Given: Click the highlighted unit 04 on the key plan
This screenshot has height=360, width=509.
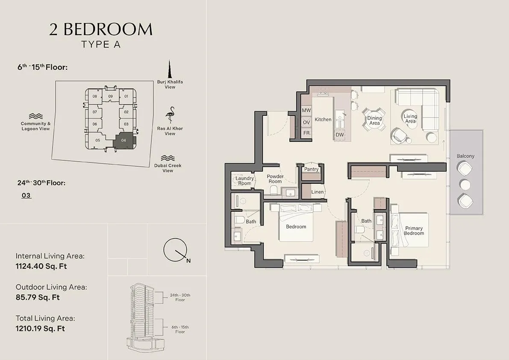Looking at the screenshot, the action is tap(124, 140).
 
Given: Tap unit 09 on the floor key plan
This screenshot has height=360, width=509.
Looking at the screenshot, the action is tap(110, 96).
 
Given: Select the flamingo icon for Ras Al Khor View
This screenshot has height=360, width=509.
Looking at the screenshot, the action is tap(170, 115).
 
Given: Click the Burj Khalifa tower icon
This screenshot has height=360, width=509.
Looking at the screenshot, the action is tap(169, 69).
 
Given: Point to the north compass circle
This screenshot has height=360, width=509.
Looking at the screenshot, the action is tap(175, 250).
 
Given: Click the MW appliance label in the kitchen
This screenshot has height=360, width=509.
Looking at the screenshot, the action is tap(306, 110).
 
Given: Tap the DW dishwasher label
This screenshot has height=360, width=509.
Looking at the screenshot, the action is tap(340, 135).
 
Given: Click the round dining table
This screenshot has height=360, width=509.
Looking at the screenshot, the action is tap(374, 120).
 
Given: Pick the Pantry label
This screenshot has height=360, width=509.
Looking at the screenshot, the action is tap(311, 169).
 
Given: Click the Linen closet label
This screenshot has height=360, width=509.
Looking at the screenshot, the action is tap(317, 192).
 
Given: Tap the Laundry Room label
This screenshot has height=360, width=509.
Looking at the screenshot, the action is tap(245, 181).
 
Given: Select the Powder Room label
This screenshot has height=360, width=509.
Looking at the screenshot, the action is tap(275, 179).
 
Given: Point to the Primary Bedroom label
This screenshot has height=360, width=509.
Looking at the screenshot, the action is tap(414, 231).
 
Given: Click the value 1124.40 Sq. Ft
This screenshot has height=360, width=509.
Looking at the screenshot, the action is tap(41, 266).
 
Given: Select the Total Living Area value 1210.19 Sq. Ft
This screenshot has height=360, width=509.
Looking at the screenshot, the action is tap(40, 328).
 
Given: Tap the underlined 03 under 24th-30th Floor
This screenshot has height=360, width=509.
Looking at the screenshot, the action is tap(26, 195).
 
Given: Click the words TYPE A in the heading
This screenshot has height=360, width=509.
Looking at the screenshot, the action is tap(101, 44).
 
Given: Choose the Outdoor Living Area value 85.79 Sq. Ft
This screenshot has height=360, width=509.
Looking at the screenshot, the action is tap(38, 297).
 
